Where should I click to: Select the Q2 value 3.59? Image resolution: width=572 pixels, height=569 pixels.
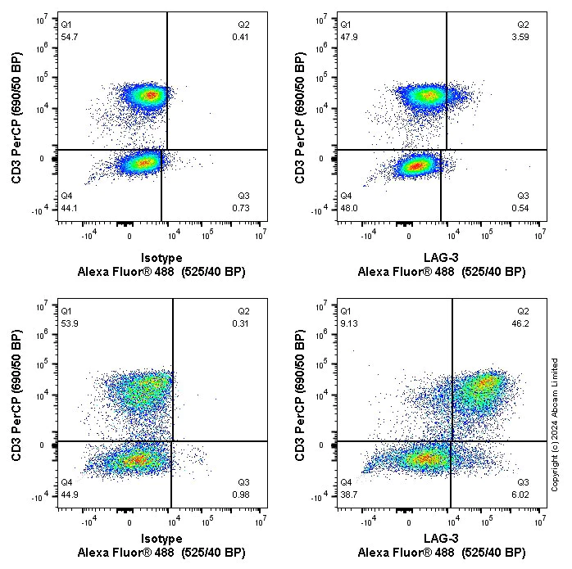click(x=524, y=38)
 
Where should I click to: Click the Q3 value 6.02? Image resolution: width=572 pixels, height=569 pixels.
click(x=524, y=482)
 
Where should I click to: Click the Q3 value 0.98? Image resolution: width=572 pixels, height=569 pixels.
click(x=242, y=482)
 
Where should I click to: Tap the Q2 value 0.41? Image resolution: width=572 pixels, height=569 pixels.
click(x=242, y=38)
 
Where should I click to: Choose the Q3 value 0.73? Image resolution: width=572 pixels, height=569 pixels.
click(x=242, y=208)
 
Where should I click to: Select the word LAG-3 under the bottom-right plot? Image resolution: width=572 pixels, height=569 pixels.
click(x=441, y=538)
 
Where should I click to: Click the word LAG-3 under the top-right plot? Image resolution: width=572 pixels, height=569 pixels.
click(x=441, y=257)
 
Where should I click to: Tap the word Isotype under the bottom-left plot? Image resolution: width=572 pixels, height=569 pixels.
click(x=161, y=538)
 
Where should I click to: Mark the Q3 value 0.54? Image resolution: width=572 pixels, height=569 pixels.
click(x=524, y=208)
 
